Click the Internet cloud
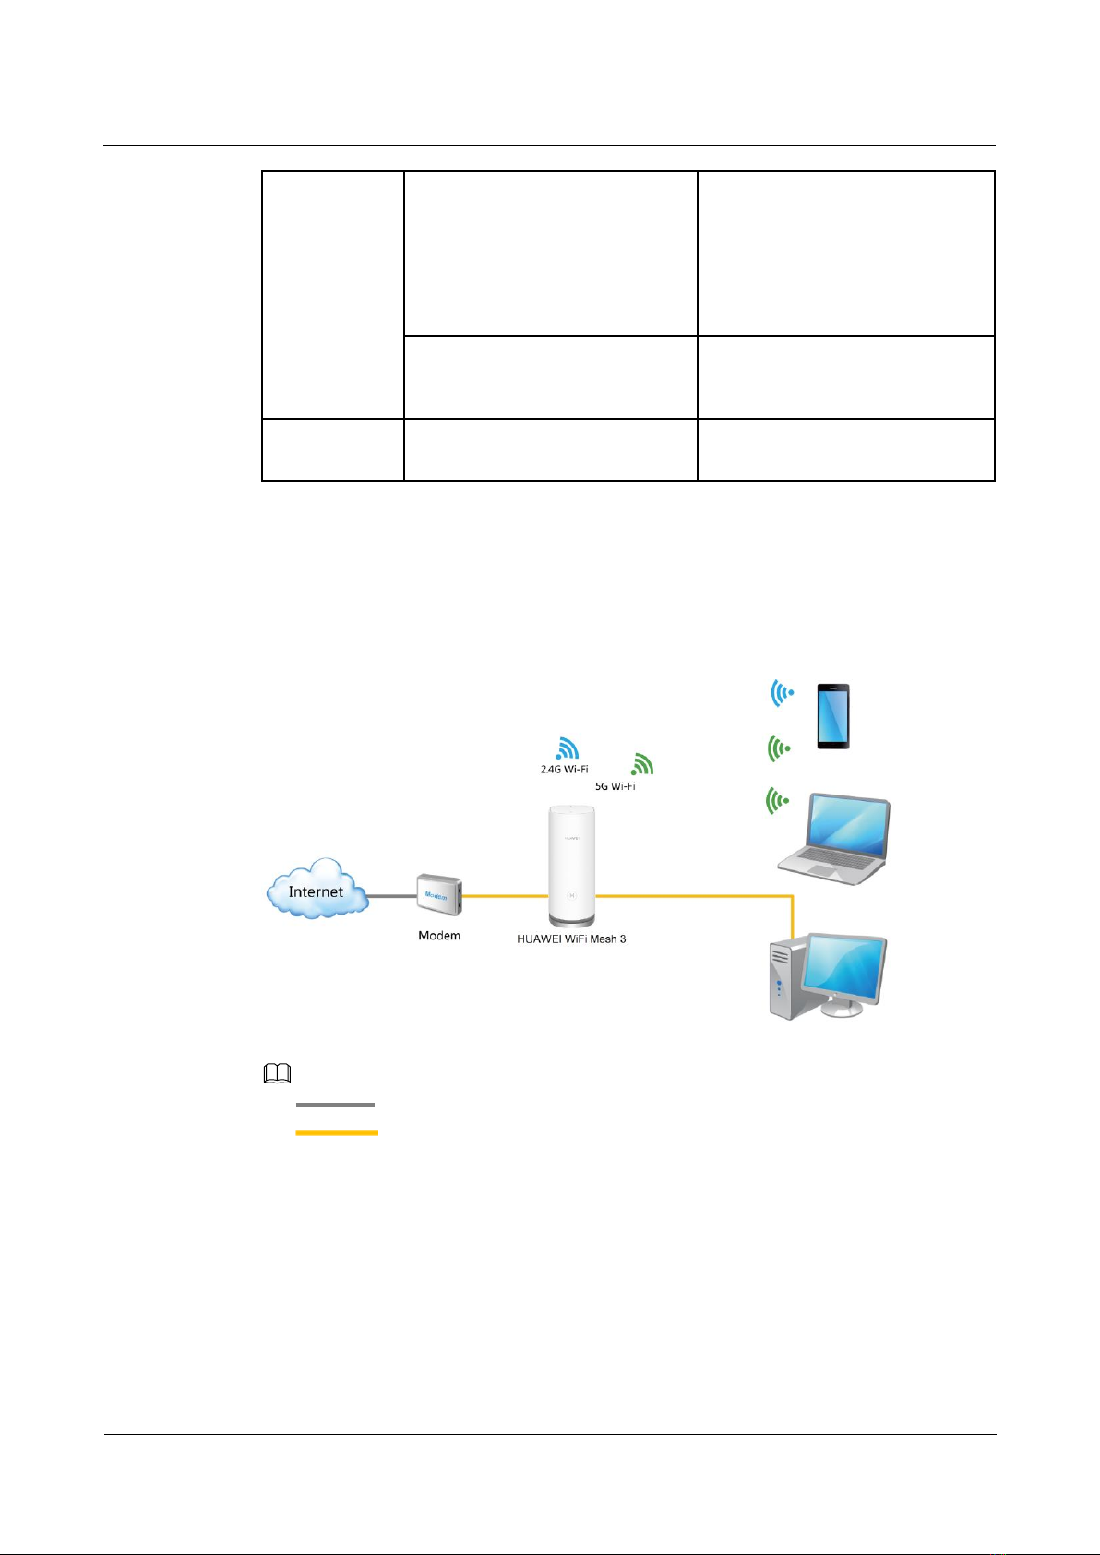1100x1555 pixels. coord(316,889)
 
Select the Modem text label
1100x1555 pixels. coord(438,936)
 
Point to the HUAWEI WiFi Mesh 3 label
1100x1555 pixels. coord(571,939)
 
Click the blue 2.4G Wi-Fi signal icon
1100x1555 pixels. coord(567,748)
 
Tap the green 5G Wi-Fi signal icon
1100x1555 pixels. coord(641,764)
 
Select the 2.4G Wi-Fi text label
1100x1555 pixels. coord(564,769)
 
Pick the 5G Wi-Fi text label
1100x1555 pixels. coord(615,786)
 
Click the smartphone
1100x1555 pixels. coord(832,716)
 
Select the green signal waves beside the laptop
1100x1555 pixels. coord(779,801)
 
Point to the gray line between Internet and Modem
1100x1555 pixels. coord(392,895)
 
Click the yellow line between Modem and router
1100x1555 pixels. coord(505,895)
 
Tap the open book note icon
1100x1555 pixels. coord(277,1073)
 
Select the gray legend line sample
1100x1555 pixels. coord(335,1105)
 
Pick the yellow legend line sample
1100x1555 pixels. coord(337,1132)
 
